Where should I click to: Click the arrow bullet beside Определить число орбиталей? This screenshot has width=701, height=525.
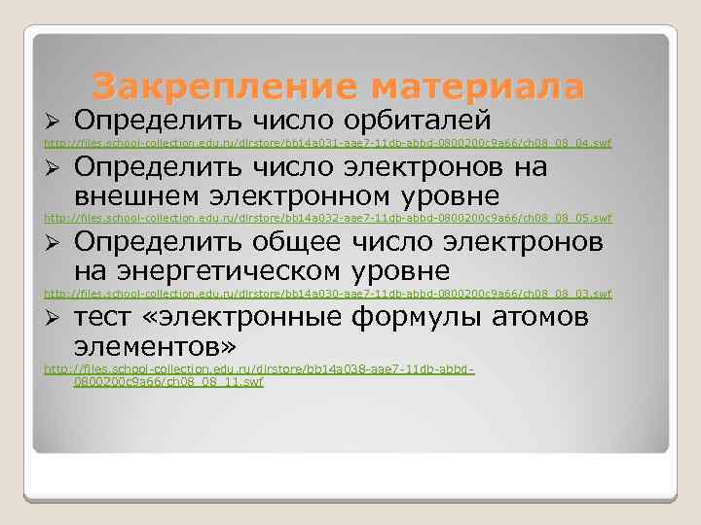coord(55,122)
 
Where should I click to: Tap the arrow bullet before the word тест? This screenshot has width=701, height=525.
coord(55,318)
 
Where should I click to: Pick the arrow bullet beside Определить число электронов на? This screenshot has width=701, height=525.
coord(55,168)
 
